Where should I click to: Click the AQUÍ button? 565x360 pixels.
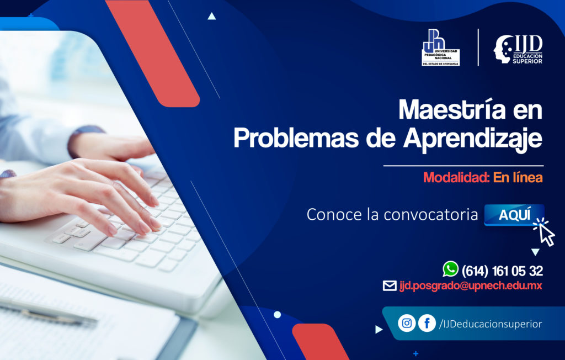514,215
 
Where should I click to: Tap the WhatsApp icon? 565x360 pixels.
450,269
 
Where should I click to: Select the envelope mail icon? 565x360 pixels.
390,286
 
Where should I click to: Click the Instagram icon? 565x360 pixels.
407,323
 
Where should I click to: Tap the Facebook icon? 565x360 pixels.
427,323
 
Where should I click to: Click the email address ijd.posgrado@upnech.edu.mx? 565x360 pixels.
471,286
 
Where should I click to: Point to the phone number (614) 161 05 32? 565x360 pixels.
502,271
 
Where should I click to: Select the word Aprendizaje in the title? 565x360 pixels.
473,139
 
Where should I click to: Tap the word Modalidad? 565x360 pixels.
456,177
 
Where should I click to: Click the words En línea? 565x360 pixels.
518,177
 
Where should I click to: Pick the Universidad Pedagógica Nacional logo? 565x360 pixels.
441,47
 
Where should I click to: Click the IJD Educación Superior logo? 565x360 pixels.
518,49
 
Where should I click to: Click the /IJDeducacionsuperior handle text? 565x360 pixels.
490,324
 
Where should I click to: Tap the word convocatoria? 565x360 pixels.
430,215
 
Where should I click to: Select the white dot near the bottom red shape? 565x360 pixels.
277,315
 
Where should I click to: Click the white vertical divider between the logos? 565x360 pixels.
478,47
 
